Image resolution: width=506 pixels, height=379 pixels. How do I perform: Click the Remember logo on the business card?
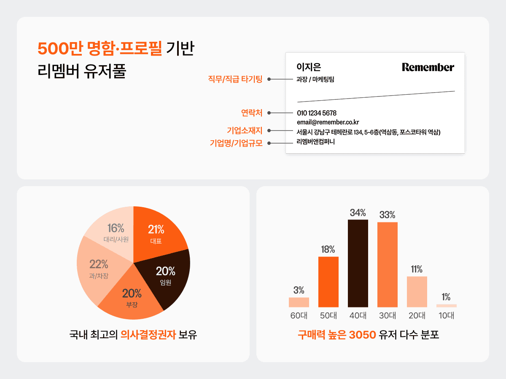point(428,67)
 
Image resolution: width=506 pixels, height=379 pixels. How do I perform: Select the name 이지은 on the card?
point(309,67)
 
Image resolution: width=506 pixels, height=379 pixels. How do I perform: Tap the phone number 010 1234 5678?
point(317,113)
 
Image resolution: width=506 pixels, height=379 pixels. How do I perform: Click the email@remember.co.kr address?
point(328,122)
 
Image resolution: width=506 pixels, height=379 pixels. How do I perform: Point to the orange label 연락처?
point(251,113)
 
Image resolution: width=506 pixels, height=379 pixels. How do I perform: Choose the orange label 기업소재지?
point(245,131)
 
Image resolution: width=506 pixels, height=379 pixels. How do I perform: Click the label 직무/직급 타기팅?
point(235,79)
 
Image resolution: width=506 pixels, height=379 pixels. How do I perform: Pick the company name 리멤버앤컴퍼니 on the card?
point(315,141)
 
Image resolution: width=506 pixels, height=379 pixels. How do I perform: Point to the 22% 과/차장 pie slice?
point(99,269)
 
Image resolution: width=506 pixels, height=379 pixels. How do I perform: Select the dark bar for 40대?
point(358,263)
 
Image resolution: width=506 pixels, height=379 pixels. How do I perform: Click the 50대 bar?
point(328,282)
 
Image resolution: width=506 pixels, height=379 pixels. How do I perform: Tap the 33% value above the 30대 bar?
point(387,215)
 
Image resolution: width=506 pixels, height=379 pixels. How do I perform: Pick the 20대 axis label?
point(417,315)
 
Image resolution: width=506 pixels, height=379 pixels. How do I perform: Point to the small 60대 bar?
point(299,302)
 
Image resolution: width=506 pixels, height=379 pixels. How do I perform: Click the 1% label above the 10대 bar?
point(446,297)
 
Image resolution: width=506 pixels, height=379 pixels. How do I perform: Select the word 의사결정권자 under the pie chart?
point(148,335)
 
